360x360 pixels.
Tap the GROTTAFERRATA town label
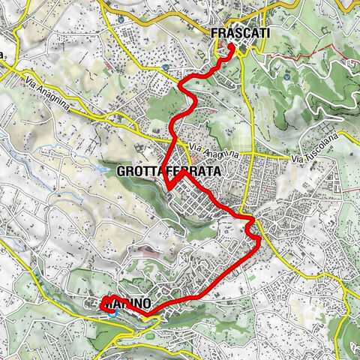point(169,172)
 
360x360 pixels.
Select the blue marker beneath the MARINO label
point(111,314)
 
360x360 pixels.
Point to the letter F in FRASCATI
point(214,34)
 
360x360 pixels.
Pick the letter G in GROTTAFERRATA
point(122,172)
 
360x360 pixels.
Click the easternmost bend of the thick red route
point(260,238)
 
